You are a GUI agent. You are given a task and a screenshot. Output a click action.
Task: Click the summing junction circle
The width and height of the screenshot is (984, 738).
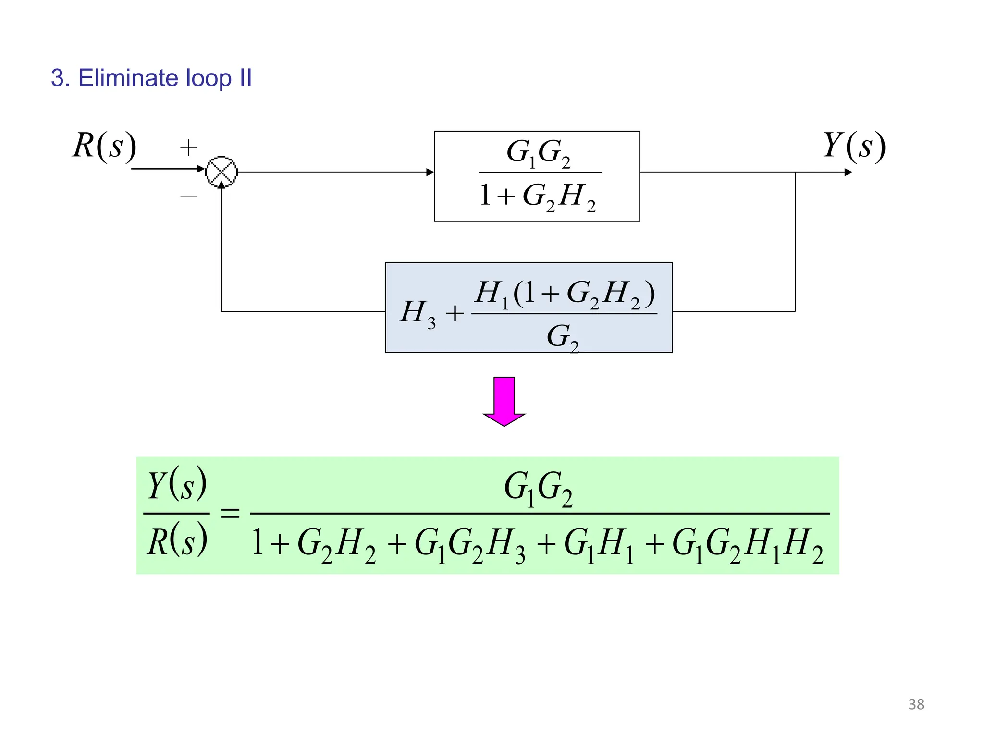221,172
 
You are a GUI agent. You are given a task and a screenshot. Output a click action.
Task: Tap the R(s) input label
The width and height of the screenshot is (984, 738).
104,146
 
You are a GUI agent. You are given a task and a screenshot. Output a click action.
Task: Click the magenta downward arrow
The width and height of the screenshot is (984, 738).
504,401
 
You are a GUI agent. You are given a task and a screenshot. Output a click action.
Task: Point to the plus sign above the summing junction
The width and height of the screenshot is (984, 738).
188,148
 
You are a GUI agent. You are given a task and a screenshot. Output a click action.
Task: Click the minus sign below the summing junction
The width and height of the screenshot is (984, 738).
188,197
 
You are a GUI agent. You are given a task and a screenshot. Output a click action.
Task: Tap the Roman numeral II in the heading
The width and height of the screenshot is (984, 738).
246,78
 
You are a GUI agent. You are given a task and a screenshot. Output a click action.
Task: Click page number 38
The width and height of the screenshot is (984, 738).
916,704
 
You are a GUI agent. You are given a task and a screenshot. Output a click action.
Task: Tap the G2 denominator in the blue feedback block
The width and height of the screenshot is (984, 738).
562,337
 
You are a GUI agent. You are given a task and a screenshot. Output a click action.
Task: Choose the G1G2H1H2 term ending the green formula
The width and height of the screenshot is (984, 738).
748,544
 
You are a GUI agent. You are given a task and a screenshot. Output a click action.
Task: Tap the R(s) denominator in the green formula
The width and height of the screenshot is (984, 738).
177,542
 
